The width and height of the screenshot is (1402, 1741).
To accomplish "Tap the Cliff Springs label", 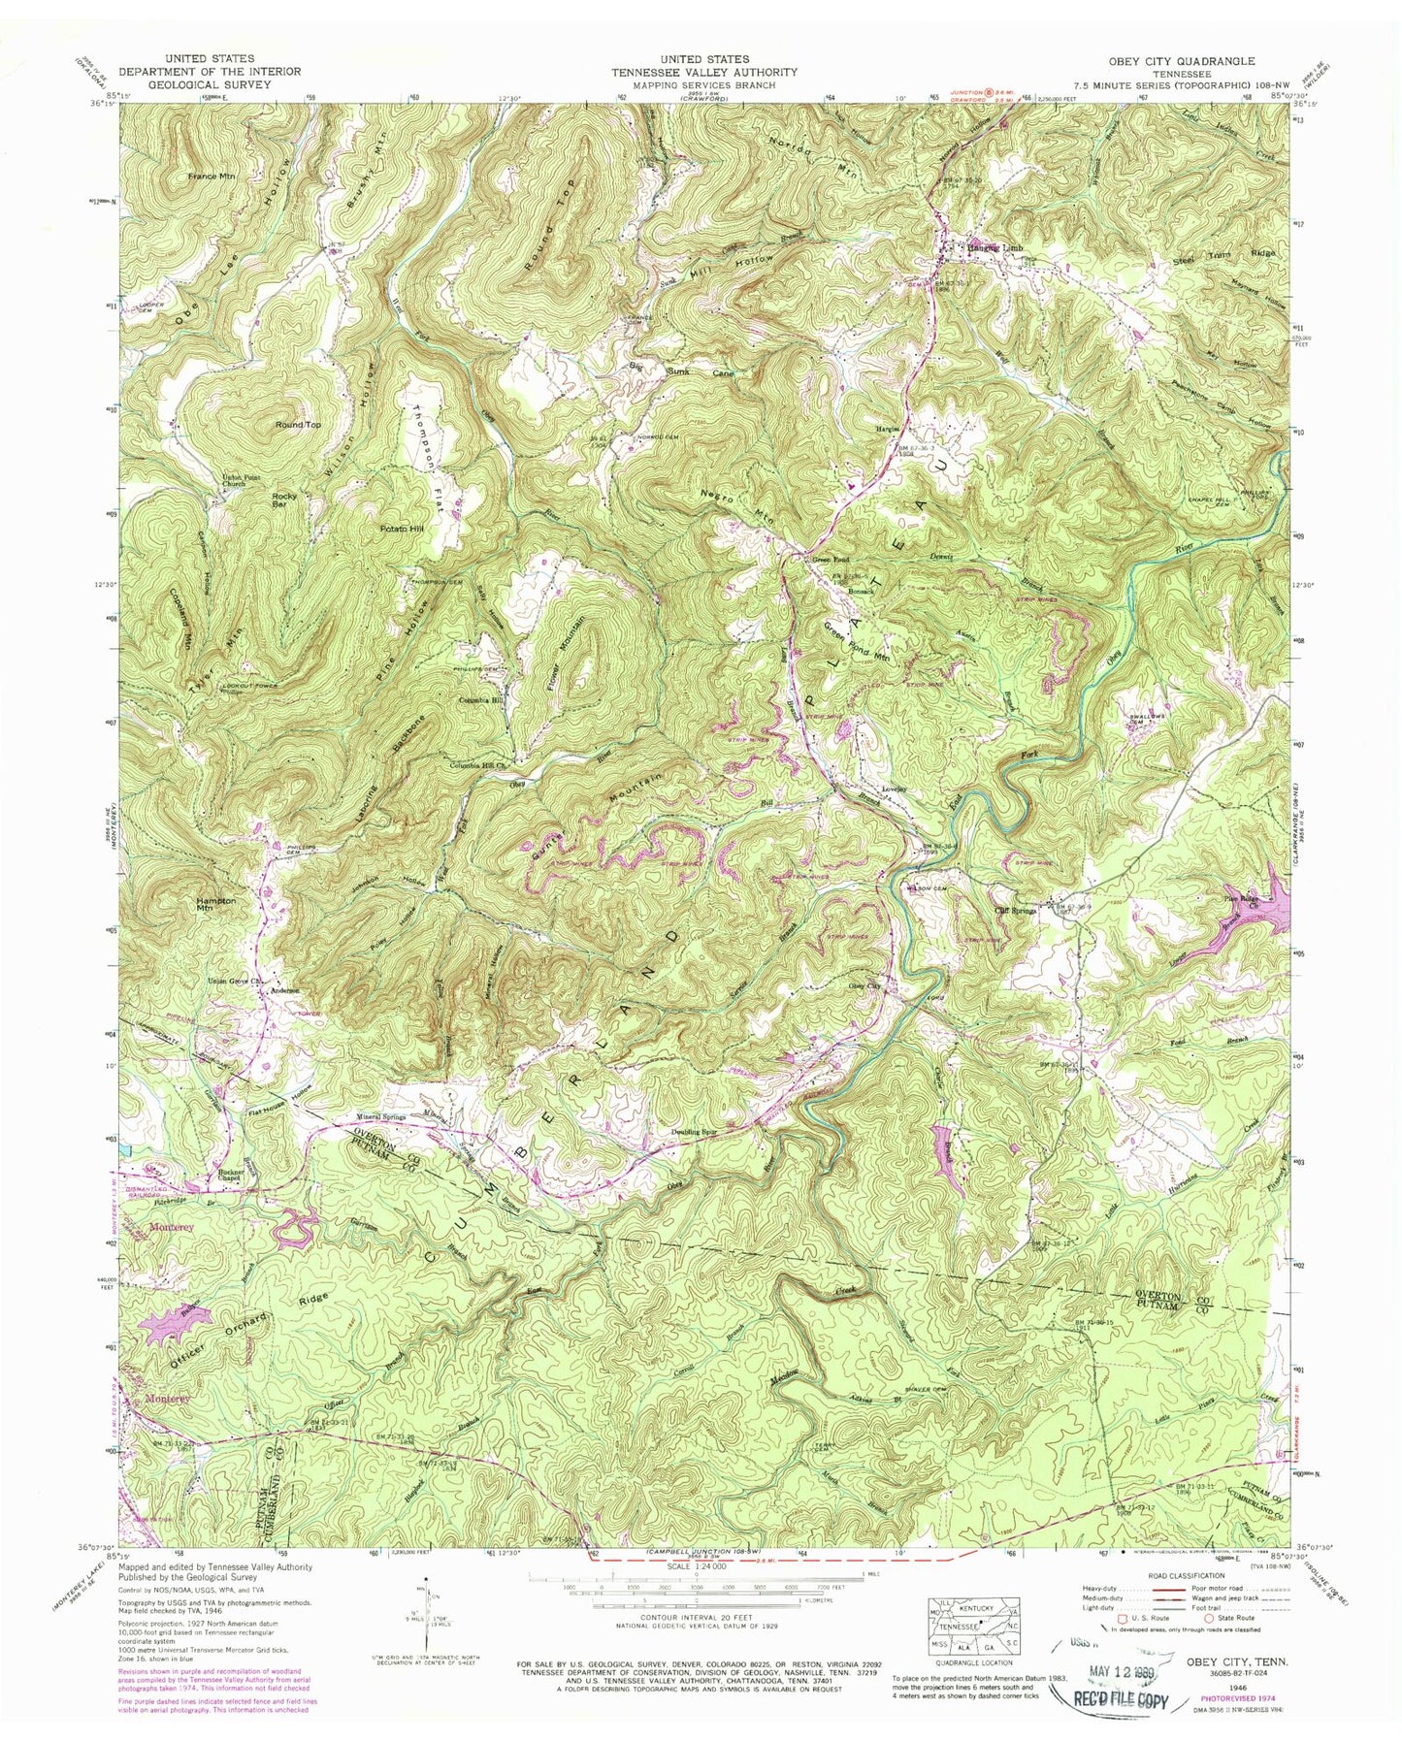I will click(x=1016, y=910).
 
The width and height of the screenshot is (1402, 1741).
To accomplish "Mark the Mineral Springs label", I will click(x=368, y=1116).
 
